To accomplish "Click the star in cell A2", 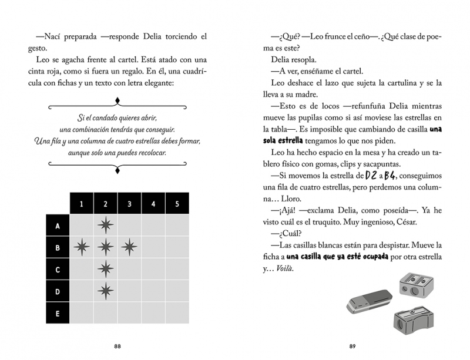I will pos(105,226).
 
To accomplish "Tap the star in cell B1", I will pos(82,248).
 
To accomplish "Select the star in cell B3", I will pos(129,248).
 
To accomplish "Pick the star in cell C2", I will pos(105,270).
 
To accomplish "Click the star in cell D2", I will pos(105,291).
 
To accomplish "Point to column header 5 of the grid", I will pos(177,204).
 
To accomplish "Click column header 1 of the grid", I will pos(82,204).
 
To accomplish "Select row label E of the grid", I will pos(58,313).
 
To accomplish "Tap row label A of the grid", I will pos(58,226).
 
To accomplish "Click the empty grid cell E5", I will pos(177,313).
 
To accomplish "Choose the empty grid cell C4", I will pos(153,270).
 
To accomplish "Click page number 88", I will pos(117,345).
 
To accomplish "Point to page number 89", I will pos(352,345).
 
